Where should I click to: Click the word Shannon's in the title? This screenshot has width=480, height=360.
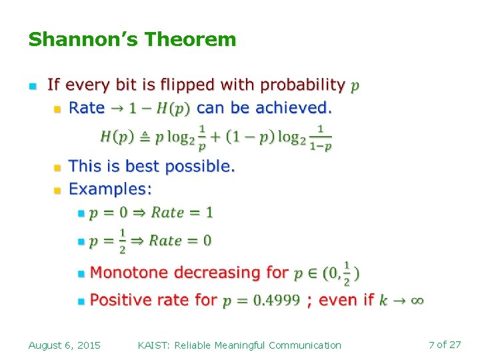(83, 40)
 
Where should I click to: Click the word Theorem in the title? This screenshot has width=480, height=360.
(190, 40)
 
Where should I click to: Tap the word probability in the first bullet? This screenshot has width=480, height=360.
(303, 85)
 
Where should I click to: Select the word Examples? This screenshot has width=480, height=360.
(111, 189)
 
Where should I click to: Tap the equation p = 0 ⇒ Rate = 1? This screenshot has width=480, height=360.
(151, 213)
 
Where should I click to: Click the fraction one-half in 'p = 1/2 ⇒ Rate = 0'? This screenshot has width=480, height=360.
(122, 241)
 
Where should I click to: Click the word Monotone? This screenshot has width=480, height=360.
(126, 273)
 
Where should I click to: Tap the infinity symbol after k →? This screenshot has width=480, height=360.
(416, 301)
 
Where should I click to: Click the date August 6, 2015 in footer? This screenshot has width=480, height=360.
(65, 345)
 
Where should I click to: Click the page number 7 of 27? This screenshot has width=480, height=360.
(445, 345)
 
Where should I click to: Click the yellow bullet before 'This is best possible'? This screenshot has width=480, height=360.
(57, 167)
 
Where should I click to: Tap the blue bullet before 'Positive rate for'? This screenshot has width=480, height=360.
(81, 301)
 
